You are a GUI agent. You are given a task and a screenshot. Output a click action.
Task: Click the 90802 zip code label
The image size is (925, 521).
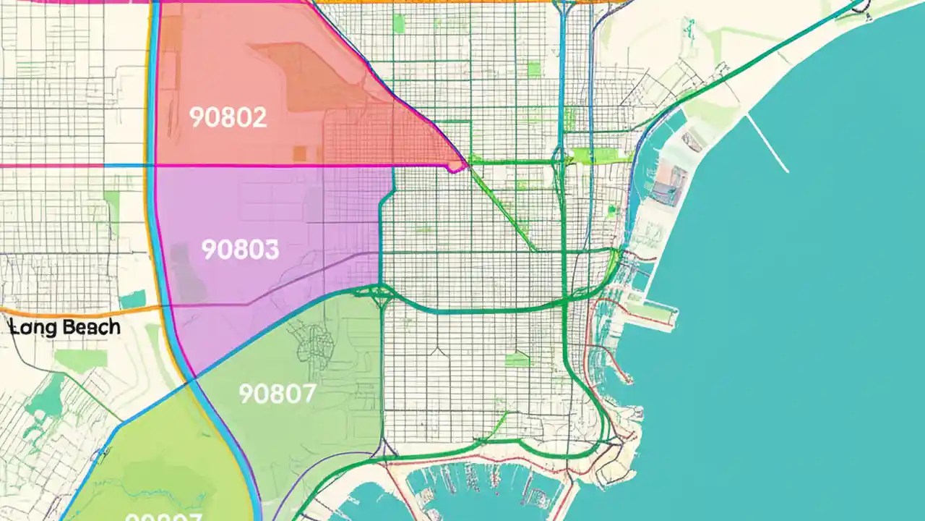click(228, 117)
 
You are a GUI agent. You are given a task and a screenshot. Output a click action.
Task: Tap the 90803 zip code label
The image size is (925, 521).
click(240, 250)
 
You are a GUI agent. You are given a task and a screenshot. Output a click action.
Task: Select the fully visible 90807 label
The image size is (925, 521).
click(277, 393)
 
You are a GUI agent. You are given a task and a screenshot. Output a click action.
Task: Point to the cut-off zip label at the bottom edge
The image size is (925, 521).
click(163, 517)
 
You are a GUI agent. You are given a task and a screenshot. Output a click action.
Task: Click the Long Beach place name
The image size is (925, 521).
click(65, 327)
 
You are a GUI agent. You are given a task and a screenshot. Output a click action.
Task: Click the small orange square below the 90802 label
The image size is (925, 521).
click(299, 153)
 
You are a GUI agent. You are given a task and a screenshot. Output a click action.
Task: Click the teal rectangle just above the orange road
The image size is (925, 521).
click(133, 299)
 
